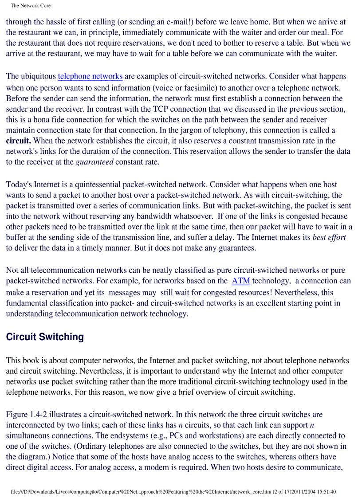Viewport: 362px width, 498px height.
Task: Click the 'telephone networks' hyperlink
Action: (90, 76)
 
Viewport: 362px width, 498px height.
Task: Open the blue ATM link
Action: (241, 281)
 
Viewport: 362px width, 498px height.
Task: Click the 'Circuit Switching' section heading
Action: (45, 337)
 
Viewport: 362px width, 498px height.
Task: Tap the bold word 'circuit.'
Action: (18, 141)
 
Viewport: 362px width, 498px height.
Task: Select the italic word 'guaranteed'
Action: (94, 162)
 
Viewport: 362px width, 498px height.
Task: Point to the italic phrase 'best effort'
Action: (329, 237)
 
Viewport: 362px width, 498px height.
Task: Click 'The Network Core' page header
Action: (31, 6)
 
